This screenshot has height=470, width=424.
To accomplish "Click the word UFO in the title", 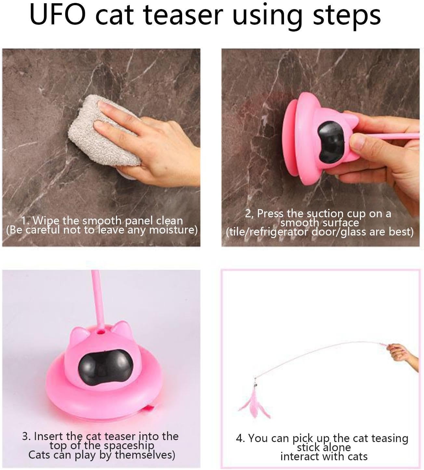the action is [58, 16].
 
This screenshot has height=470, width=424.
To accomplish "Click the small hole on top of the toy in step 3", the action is [101, 332].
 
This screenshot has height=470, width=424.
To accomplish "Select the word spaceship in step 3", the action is [129, 446].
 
